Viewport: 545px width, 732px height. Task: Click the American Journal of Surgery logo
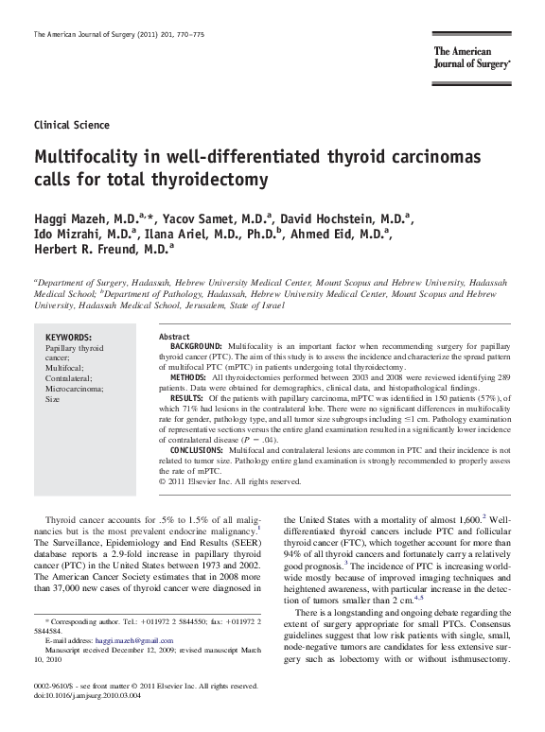(x=473, y=58)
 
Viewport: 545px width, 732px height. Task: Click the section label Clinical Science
(x=71, y=125)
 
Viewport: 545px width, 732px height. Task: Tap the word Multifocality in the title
(x=82, y=156)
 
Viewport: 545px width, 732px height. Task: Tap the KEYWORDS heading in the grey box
(x=69, y=338)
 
